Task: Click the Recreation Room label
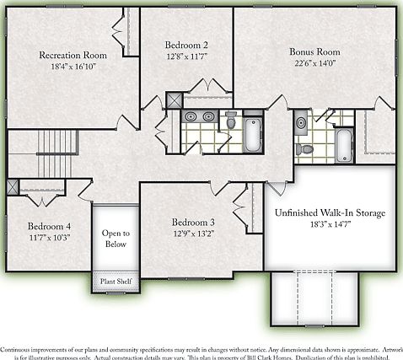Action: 72,56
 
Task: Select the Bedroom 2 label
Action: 186,44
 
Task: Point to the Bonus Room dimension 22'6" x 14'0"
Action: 313,62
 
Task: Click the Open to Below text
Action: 116,239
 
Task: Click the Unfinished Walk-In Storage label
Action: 330,212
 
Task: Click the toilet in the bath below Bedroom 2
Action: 231,121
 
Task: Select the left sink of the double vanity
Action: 191,116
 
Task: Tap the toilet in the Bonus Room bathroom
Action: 306,148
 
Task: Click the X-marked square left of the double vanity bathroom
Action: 174,99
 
